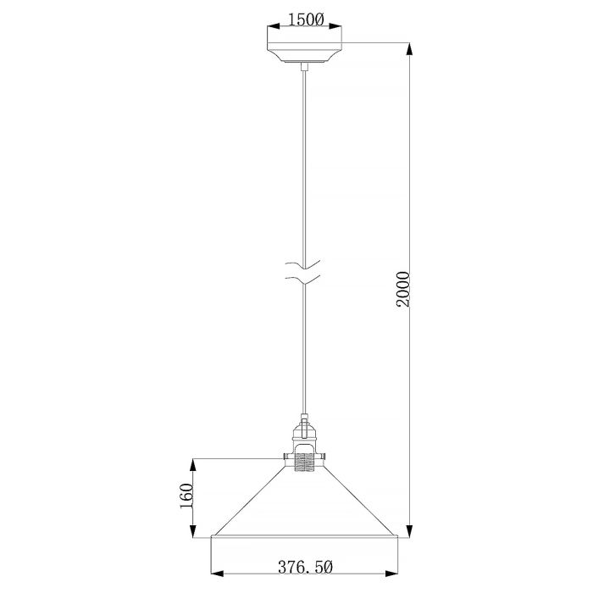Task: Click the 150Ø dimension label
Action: [x=306, y=19]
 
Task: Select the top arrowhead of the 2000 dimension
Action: [x=410, y=47]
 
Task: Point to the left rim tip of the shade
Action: [x=212, y=537]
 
